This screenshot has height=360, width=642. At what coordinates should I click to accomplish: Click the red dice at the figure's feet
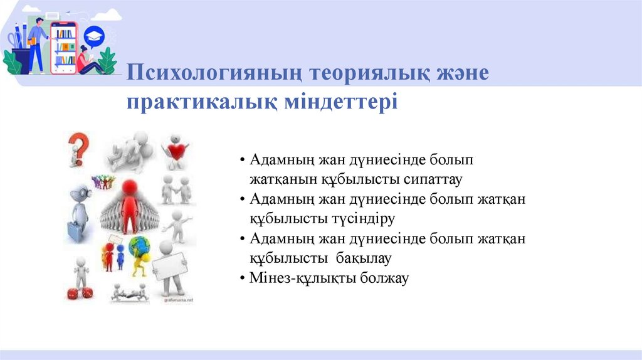click(x=80, y=292)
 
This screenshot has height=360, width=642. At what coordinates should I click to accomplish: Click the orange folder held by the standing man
click(x=31, y=41)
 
